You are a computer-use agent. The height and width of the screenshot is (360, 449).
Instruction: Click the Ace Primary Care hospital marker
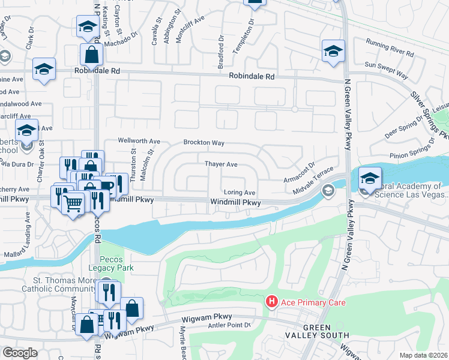[271, 301]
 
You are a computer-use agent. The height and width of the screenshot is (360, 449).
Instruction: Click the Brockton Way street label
[203, 143]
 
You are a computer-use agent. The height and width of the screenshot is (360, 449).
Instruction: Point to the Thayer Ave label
[221, 164]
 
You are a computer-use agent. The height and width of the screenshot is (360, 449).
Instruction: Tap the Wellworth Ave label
[139, 141]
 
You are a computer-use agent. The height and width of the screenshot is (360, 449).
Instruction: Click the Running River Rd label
[390, 47]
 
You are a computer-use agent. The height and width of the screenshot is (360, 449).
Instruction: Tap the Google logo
[19, 353]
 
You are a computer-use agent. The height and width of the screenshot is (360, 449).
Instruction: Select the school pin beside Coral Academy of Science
[370, 178]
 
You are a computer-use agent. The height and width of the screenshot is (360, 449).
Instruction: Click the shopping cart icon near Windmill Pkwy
[73, 204]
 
